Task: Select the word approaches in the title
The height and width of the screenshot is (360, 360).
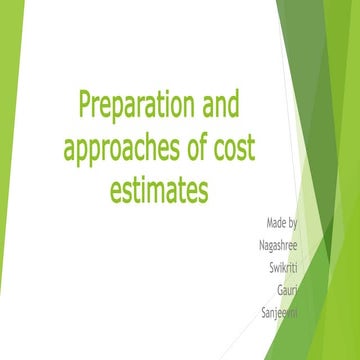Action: [x=124, y=148]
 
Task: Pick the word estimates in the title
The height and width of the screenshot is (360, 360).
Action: [x=158, y=189]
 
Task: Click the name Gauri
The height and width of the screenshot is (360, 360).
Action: [x=289, y=289]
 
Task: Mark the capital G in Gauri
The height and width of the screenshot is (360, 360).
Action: [x=280, y=289]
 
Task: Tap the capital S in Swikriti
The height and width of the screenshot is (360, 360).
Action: [x=271, y=266]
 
